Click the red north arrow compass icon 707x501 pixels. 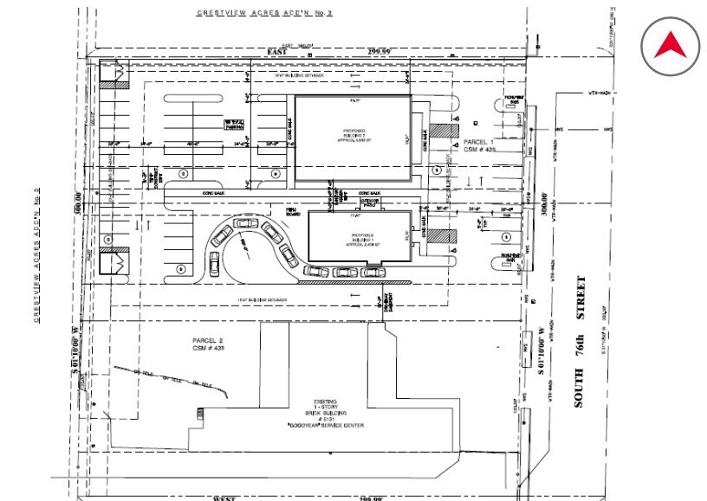[670, 44]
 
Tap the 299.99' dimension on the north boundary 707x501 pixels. [379, 52]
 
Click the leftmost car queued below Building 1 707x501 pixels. [317, 271]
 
